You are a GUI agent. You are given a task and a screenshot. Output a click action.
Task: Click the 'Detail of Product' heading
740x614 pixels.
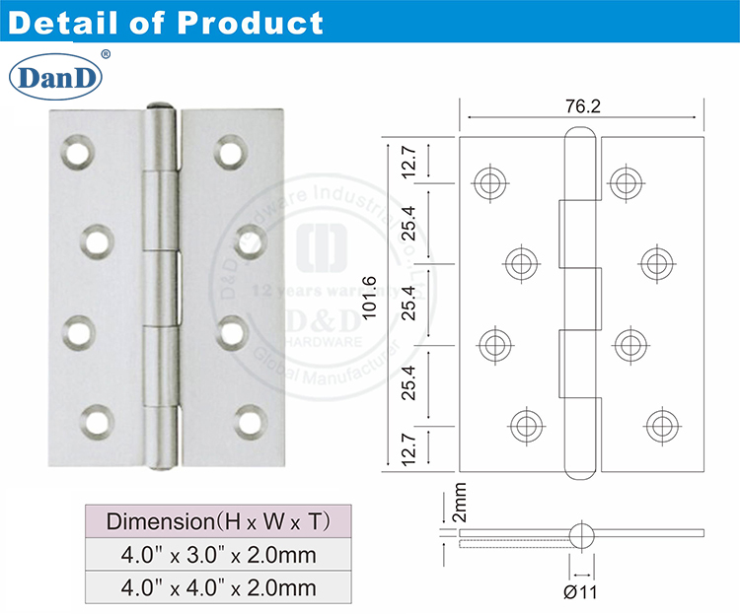165,22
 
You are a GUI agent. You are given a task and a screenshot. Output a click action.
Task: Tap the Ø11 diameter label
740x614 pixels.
582,591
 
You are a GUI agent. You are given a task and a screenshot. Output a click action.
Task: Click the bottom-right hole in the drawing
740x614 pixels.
660,426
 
